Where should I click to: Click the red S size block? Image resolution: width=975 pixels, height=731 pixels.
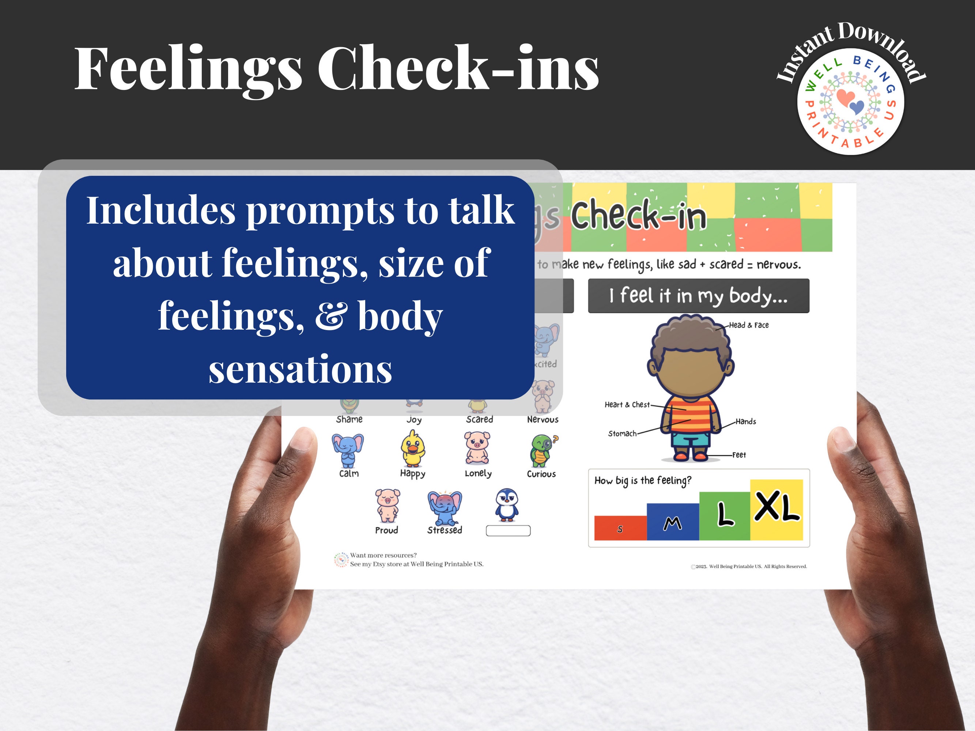(620, 528)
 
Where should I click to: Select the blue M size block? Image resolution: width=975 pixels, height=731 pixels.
(672, 522)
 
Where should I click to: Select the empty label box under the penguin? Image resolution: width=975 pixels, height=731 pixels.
(508, 531)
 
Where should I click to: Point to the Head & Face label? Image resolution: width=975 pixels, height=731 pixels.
(748, 325)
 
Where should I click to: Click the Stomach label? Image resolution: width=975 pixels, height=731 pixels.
(622, 433)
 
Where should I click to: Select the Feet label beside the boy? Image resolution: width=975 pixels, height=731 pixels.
(739, 455)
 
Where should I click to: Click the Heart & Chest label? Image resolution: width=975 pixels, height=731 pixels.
(627, 405)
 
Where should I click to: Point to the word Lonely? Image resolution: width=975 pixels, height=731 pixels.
(478, 474)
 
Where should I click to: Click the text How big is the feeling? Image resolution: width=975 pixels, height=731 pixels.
(643, 480)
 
